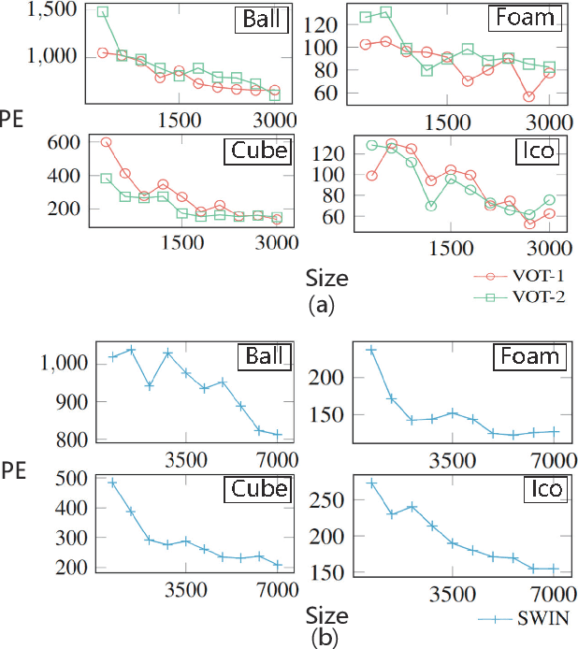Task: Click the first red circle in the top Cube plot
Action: point(106,142)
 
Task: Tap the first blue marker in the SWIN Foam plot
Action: point(371,350)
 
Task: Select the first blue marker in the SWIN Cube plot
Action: point(112,483)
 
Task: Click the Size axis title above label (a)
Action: point(326,278)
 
